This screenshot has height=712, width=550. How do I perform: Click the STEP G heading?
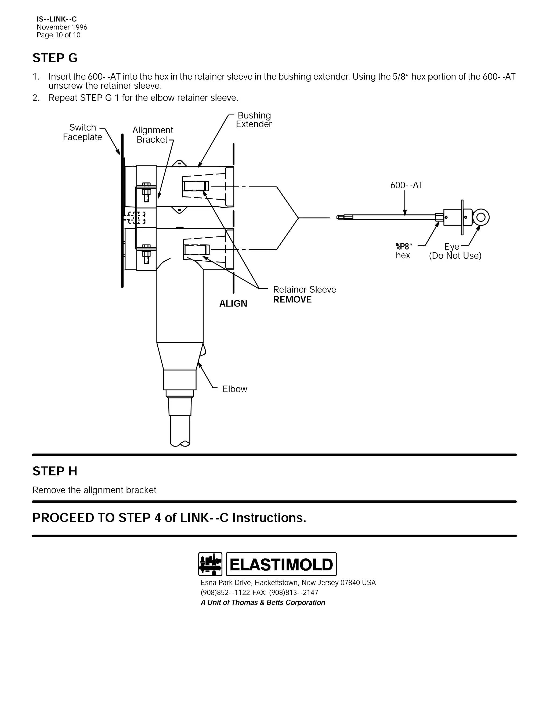pyautogui.click(x=55, y=58)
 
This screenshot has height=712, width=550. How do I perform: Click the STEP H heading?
pyautogui.click(x=55, y=471)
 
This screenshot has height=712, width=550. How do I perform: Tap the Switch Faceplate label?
pyautogui.click(x=82, y=132)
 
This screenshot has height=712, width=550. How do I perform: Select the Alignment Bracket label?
pyautogui.click(x=153, y=135)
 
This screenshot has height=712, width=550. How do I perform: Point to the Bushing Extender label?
pyautogui.click(x=254, y=120)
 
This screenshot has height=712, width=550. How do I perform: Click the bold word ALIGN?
pyautogui.click(x=233, y=304)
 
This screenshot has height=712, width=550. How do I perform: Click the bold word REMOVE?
pyautogui.click(x=292, y=300)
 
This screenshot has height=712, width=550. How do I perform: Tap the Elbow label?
pyautogui.click(x=235, y=389)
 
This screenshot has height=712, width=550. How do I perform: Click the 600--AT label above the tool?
pyautogui.click(x=407, y=185)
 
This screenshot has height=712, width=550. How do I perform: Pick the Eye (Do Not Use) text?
pyautogui.click(x=455, y=251)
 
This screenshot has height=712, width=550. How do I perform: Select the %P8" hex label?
pyautogui.click(x=403, y=251)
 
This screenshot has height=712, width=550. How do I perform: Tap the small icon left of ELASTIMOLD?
pyautogui.click(x=210, y=564)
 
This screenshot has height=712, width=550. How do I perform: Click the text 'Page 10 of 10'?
pyautogui.click(x=58, y=35)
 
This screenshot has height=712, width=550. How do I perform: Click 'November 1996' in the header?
pyautogui.click(x=62, y=27)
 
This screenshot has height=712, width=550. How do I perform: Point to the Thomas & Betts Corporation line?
pyautogui.click(x=263, y=602)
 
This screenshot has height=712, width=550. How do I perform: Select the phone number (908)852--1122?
pyautogui.click(x=226, y=592)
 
